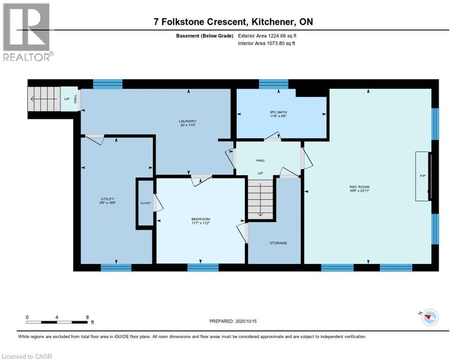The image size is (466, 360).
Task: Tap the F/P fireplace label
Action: pyautogui.click(x=422, y=176)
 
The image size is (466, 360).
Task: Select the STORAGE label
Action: pyautogui.click(x=278, y=243)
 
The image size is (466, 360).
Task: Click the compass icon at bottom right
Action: pyautogui.click(x=429, y=318)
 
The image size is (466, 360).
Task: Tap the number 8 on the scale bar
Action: pyautogui.click(x=87, y=317)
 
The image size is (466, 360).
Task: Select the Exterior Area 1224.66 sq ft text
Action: pyautogui.click(x=267, y=36)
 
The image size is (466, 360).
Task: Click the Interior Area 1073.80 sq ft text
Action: pyautogui.click(x=266, y=43)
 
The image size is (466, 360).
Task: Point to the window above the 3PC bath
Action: pyautogui.click(x=273, y=84)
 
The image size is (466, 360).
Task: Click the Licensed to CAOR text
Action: pyautogui.click(x=26, y=356)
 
